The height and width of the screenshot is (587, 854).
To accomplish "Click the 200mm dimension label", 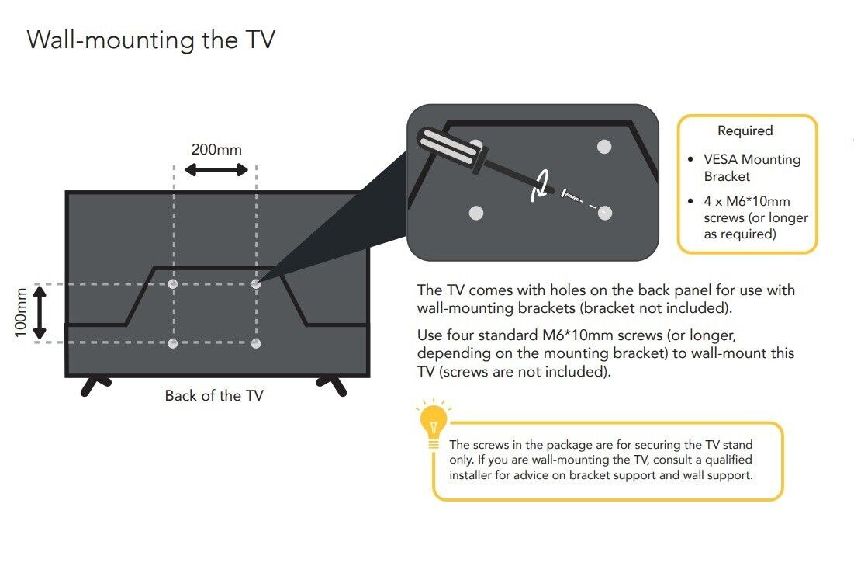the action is tap(216, 149).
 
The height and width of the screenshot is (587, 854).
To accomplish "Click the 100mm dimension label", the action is tap(20, 313).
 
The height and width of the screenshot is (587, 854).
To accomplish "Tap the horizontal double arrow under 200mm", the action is tap(216, 170).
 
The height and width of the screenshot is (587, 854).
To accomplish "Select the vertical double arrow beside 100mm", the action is tap(40, 313).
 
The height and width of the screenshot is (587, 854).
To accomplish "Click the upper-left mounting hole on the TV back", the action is tap(173, 284).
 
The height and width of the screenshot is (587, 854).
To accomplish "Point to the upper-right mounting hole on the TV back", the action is tap(255, 284).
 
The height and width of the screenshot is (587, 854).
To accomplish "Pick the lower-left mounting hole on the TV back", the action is tap(173, 343).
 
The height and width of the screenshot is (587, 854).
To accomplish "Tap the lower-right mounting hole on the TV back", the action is tap(255, 343).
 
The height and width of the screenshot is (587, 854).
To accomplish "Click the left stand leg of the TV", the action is tap(94, 385).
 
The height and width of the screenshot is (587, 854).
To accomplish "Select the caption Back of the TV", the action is tap(214, 396).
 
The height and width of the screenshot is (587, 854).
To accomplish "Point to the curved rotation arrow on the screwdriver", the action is tap(541, 186).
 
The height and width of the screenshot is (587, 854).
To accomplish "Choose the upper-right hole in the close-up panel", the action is tap(604, 147).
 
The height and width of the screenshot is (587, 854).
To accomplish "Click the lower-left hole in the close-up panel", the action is tap(476, 213).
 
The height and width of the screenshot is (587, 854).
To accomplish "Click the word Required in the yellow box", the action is tap(745, 130).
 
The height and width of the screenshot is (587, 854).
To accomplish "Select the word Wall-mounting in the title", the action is tap(111, 40).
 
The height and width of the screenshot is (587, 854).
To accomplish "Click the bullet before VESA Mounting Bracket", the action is tap(690, 160).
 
